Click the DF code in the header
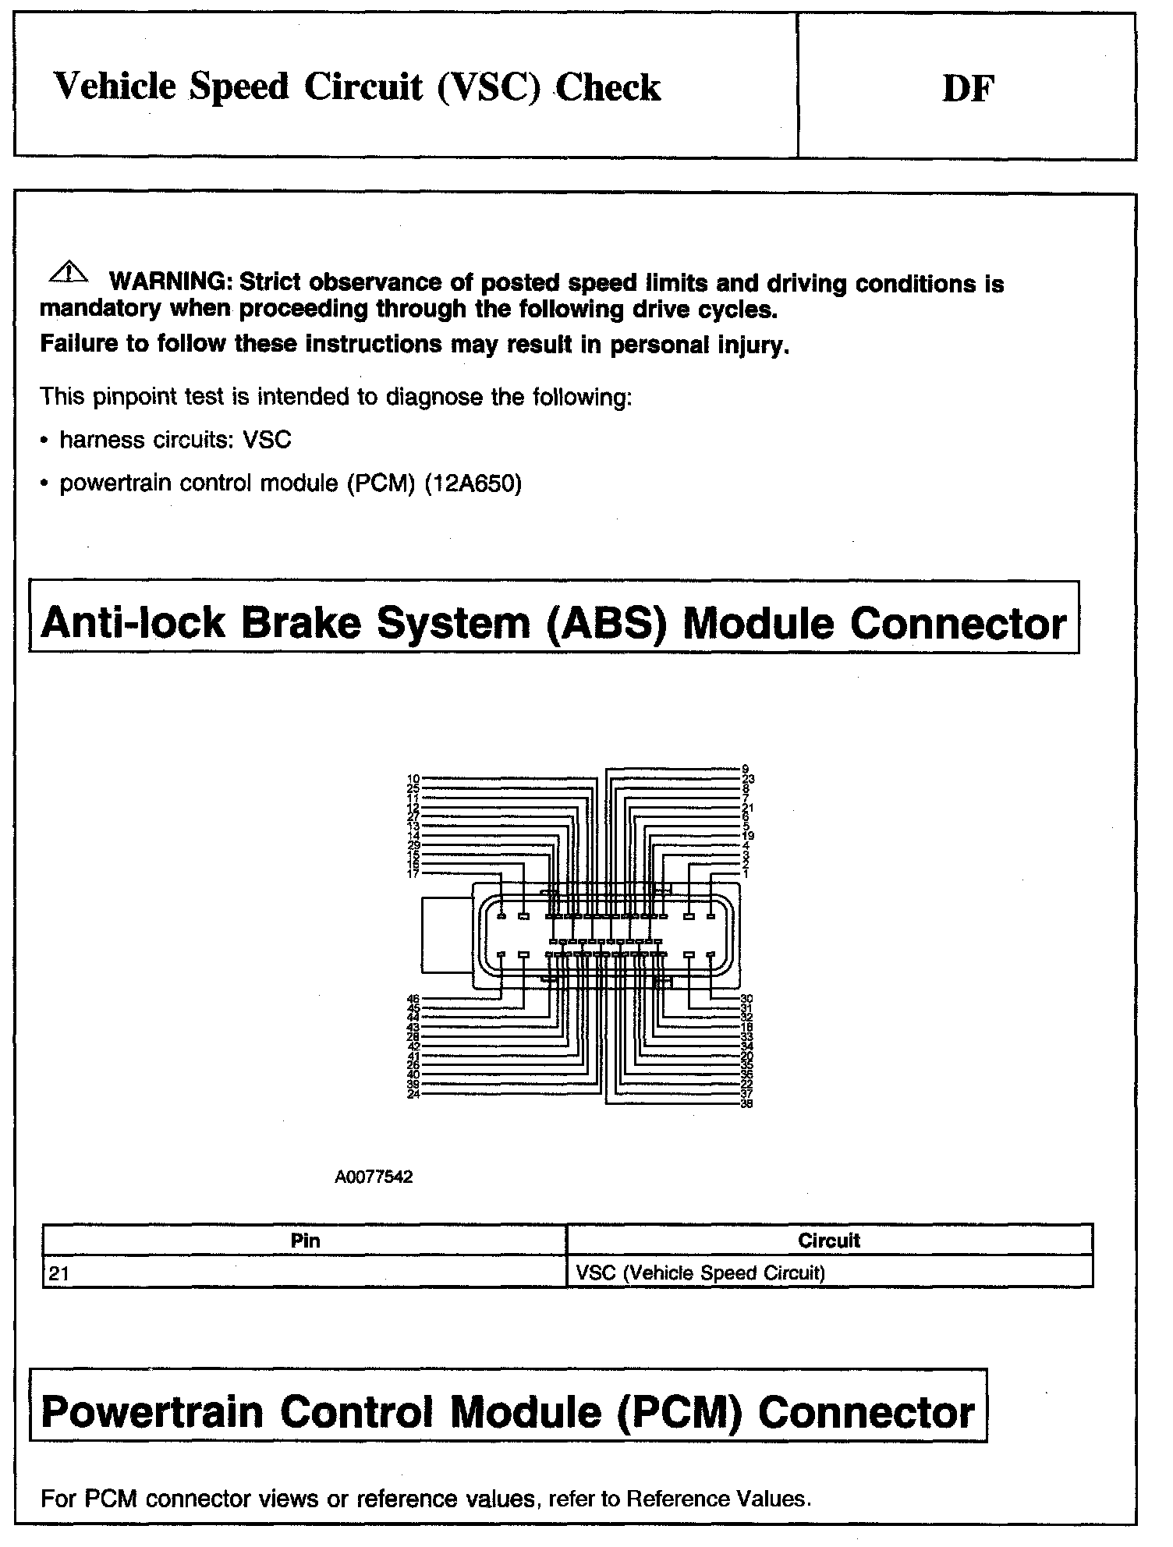click(x=968, y=89)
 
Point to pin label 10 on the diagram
click(x=414, y=779)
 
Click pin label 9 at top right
click(x=746, y=769)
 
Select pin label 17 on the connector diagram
click(x=414, y=874)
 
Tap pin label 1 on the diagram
click(x=746, y=874)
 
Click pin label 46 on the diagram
click(x=414, y=999)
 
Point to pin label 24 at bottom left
click(x=414, y=1094)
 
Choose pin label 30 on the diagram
click(x=746, y=999)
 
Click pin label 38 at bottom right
click(x=746, y=1103)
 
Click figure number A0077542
click(x=374, y=1177)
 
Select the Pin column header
click(x=305, y=1241)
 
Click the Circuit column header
click(x=829, y=1241)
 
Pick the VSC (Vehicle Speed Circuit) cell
click(x=700, y=1273)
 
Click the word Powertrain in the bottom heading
click(x=152, y=1412)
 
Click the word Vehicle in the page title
click(x=115, y=87)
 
